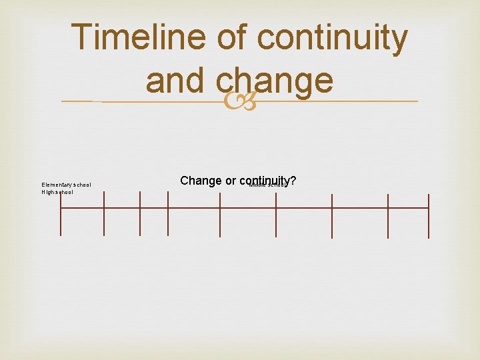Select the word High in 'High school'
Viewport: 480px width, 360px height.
48,192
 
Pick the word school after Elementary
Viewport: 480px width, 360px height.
83,185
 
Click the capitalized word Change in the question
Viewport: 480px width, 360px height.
201,181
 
